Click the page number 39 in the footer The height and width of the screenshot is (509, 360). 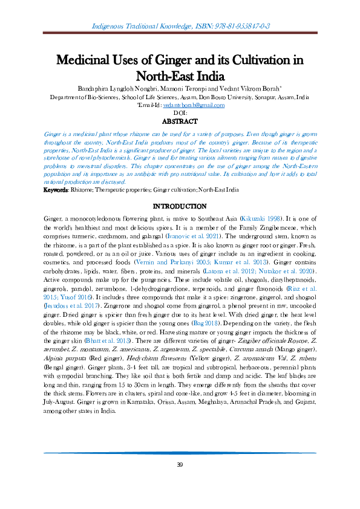180,464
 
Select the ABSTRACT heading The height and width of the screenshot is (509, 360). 180,121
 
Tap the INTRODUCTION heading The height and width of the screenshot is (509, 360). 180,206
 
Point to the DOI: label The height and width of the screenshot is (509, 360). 180,113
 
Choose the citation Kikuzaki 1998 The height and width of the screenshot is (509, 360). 261,216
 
